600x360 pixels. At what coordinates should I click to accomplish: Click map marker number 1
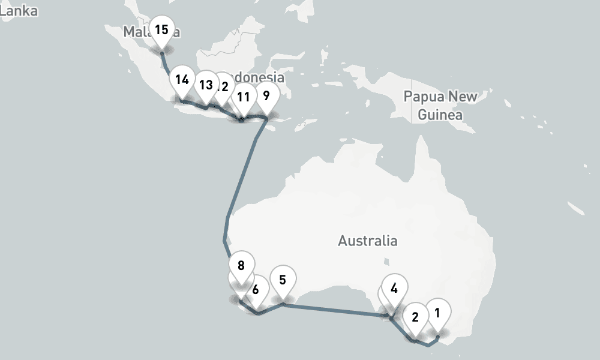click(437, 313)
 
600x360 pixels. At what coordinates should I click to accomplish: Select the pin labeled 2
click(415, 317)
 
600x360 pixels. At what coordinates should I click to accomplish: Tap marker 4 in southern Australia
click(394, 288)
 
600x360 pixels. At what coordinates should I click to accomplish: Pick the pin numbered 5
click(283, 279)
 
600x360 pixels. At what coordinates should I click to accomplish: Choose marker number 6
click(256, 289)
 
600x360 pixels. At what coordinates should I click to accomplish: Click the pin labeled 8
click(241, 265)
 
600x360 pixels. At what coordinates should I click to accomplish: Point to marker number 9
click(266, 95)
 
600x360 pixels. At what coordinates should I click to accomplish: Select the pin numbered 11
click(244, 97)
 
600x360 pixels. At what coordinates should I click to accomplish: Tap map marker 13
click(206, 85)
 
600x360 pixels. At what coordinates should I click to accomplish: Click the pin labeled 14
click(182, 79)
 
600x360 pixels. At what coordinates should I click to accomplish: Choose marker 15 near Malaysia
click(161, 29)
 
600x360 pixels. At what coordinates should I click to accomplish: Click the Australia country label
click(367, 241)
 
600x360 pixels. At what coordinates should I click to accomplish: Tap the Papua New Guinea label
click(440, 105)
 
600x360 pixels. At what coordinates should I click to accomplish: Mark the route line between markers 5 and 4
click(336, 309)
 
